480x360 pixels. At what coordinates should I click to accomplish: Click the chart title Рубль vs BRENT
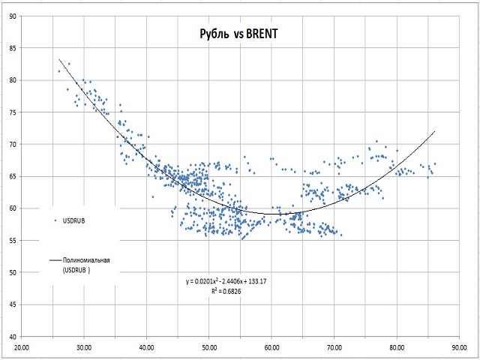(x=235, y=35)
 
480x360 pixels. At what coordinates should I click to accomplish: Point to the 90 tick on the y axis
(x=10, y=16)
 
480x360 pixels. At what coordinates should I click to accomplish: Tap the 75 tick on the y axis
(x=10, y=112)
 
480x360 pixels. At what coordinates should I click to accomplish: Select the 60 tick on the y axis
(x=10, y=208)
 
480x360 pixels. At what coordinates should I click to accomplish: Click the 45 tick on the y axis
(x=10, y=305)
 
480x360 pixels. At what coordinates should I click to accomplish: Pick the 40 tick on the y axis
(x=10, y=337)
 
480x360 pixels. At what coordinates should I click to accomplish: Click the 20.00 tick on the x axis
(x=22, y=346)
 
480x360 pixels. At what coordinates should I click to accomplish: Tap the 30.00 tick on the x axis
(x=84, y=346)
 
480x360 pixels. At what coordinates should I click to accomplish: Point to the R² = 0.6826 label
(x=226, y=290)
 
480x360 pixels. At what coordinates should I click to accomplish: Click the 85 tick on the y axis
(x=10, y=48)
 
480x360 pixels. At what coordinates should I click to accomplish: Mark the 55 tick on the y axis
(x=10, y=241)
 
